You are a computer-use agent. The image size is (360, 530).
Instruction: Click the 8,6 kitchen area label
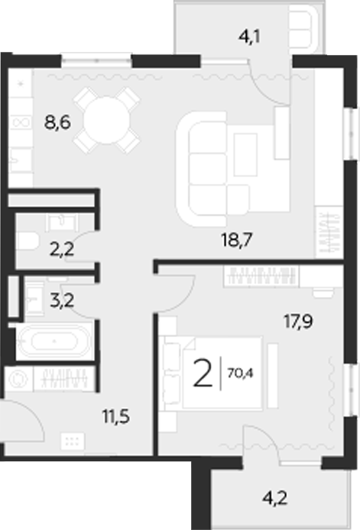(x=59, y=122)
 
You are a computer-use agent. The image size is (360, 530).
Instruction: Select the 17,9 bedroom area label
(x=299, y=321)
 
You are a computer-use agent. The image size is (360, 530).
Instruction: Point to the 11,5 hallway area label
(x=115, y=418)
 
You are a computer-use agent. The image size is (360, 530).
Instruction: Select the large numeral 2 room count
(x=203, y=373)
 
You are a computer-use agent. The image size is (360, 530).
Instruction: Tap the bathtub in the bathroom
(x=54, y=341)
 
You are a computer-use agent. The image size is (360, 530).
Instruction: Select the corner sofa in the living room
(x=222, y=166)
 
